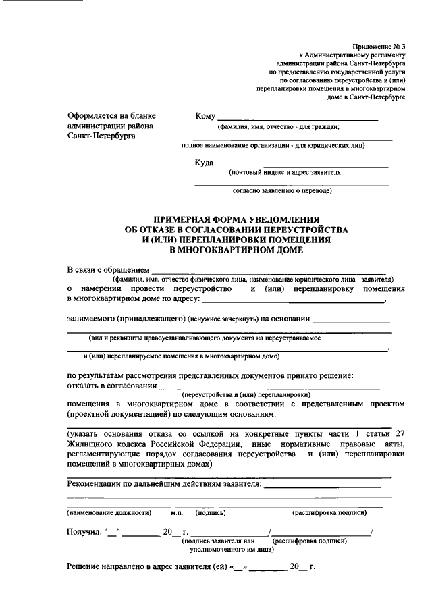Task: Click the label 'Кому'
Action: (x=205, y=116)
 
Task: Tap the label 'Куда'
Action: (x=204, y=163)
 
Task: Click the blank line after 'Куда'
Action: (x=301, y=166)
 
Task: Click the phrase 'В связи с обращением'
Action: (x=107, y=270)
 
